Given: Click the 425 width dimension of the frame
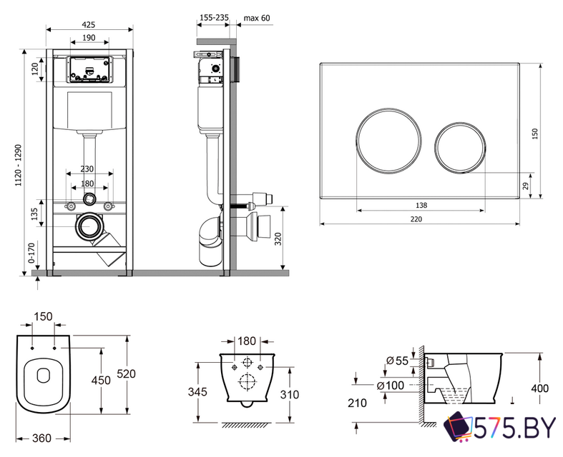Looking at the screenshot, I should pyautogui.click(x=89, y=24).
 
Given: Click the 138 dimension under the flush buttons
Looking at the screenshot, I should pyautogui.click(x=421, y=204).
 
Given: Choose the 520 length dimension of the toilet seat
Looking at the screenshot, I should pyautogui.click(x=127, y=373).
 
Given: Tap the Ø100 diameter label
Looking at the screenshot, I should pyautogui.click(x=397, y=386).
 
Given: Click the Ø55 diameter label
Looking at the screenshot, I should pyautogui.click(x=397, y=361).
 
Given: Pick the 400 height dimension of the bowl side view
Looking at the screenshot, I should pyautogui.click(x=540, y=388).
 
